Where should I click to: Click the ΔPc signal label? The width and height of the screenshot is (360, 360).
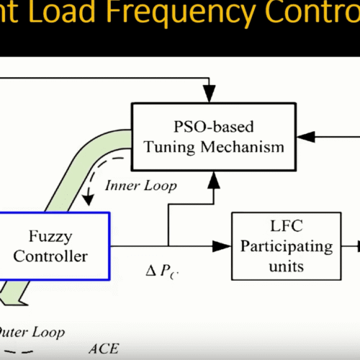(x=160, y=274)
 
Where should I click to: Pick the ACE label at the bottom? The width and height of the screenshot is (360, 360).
(x=103, y=349)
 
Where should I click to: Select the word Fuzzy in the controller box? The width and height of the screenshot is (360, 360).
(x=54, y=236)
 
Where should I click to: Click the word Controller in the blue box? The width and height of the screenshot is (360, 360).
(x=54, y=256)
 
